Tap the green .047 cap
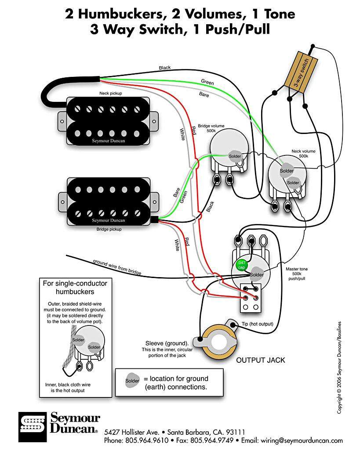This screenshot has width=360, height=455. [241, 265]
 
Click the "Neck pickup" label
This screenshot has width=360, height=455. [110, 94]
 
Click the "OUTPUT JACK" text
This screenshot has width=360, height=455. [261, 360]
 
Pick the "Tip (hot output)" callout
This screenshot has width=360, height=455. [257, 324]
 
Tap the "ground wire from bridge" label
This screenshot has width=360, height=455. [117, 267]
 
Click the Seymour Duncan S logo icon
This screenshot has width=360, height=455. [33, 426]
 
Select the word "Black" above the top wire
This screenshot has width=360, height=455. [165, 68]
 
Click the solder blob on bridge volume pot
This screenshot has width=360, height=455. [235, 156]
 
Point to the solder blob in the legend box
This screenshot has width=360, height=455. [132, 380]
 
